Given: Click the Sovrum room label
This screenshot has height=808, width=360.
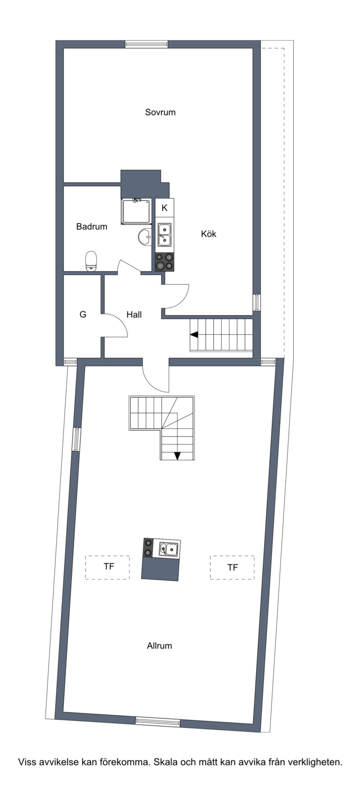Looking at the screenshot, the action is click(160, 112).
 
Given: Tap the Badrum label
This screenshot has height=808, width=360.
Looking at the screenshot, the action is click(92, 226).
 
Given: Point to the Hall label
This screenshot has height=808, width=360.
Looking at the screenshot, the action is click(134, 315).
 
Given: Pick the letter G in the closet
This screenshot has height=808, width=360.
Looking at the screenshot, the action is click(83, 314).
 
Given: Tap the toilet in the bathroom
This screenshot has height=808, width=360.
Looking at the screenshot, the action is click(91, 261).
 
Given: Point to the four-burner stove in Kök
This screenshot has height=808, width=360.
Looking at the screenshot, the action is click(165, 262).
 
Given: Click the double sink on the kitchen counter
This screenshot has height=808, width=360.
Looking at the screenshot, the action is click(164, 235).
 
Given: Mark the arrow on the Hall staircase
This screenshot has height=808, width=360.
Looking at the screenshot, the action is click(194, 335).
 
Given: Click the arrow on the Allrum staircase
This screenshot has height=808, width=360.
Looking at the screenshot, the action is click(177, 456).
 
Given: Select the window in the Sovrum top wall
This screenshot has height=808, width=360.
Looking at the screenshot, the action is click(146, 44).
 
